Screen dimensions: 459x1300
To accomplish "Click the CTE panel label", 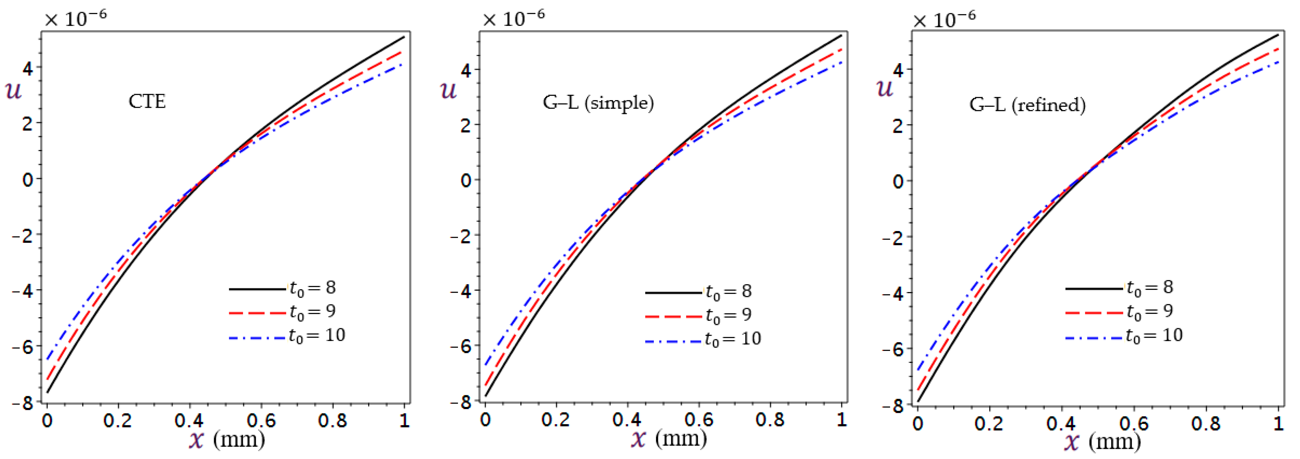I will point(147,101).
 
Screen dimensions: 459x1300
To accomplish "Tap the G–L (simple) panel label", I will point(598,103).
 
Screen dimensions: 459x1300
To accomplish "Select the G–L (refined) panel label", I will point(1027,104).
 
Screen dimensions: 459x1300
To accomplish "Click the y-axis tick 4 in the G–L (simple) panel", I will point(466,70).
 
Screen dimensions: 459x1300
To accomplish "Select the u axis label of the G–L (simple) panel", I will point(448,90).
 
